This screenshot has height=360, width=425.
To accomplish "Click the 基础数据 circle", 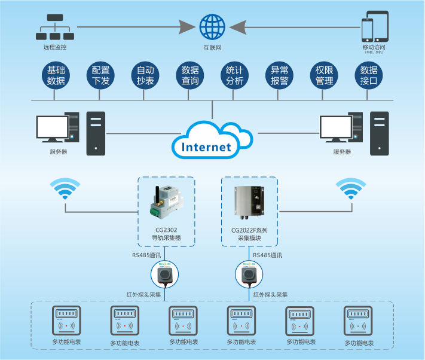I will coord(56,76).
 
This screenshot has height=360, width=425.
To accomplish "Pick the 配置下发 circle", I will coord(101,76).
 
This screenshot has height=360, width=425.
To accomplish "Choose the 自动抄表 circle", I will coord(145,76).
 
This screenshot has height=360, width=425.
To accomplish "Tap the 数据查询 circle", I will coord(190,76).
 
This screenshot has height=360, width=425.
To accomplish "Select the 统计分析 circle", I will coord(235,76).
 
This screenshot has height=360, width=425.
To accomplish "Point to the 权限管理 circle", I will coord(324,76).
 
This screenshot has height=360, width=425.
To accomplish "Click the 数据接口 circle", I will coord(369,76).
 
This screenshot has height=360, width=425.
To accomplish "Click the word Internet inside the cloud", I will coord(206,147).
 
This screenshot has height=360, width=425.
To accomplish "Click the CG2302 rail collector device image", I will coord(166,201).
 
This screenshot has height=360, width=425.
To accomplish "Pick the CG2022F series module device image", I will coord(250,200).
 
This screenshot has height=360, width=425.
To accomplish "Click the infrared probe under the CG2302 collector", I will coord(166,275).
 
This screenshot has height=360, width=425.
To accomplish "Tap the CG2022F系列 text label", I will coord(249,230).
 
